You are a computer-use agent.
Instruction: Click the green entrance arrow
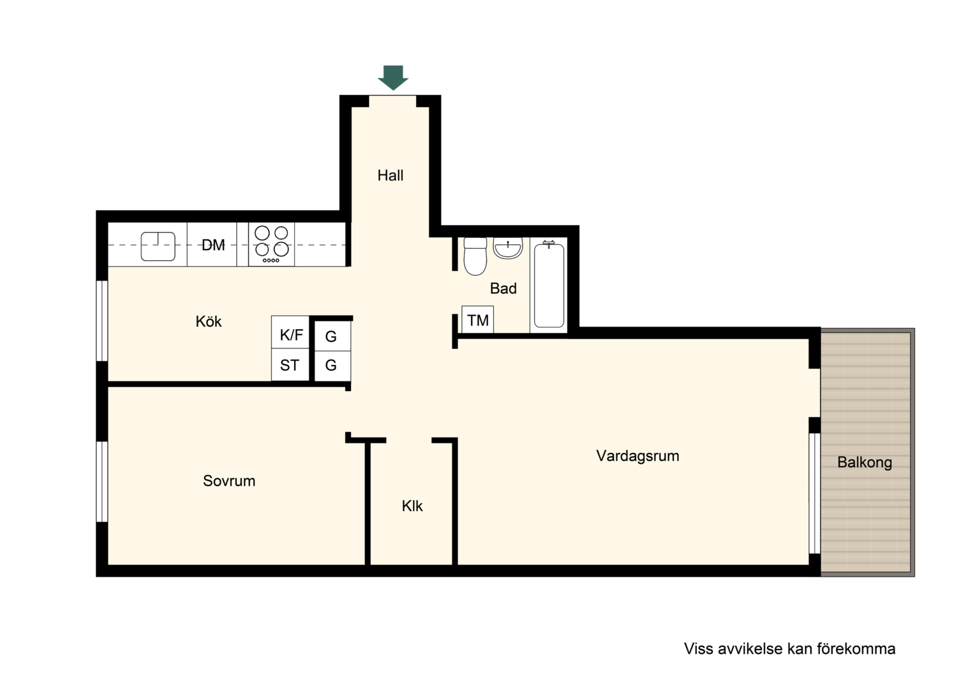[x=392, y=77]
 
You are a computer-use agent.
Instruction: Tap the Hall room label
[x=391, y=175]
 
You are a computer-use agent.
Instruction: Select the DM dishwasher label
[x=213, y=245]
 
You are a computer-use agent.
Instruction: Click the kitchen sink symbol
[x=158, y=246]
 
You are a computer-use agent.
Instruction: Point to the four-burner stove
[x=272, y=244]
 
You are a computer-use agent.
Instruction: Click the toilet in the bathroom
[x=475, y=256]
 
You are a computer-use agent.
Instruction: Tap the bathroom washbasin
[x=508, y=248]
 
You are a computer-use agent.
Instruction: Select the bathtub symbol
[x=549, y=285]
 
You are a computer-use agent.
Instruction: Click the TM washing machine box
[x=478, y=320]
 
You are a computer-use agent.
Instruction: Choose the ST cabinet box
[x=290, y=365]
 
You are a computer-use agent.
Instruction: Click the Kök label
[x=209, y=322]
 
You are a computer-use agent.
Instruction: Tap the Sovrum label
[x=229, y=481]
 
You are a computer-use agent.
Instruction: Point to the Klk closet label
[x=412, y=506]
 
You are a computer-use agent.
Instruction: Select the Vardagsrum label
[x=637, y=456]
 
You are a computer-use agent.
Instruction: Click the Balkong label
[x=865, y=463]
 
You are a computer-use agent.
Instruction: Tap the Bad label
[x=503, y=288]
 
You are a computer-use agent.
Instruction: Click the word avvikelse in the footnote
[x=750, y=649]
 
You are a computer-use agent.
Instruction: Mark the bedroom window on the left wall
[x=102, y=482]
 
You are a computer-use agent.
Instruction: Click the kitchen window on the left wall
[x=102, y=321]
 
